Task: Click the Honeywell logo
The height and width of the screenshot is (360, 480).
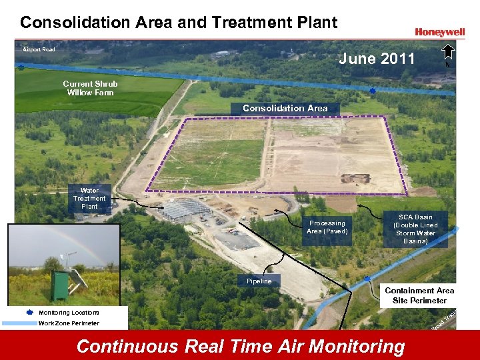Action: pos(439,31)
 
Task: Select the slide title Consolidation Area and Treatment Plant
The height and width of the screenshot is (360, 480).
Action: pos(179,22)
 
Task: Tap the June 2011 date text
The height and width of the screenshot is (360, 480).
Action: pos(377,59)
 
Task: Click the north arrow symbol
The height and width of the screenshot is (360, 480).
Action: pos(448,53)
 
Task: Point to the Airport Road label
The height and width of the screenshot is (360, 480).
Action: pos(39,49)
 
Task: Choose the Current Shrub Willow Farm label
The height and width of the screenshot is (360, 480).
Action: pos(90,88)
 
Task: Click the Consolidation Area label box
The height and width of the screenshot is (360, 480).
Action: pos(285,109)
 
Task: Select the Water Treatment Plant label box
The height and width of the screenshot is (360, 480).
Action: pos(89,199)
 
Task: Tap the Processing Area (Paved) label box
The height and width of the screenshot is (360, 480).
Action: pos(327,227)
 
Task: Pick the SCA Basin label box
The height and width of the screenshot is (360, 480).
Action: pos(415,229)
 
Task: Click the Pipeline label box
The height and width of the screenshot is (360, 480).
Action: pos(259,281)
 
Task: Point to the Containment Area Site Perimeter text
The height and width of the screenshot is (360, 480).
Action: pos(419,295)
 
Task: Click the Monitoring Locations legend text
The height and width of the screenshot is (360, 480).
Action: pos(69,313)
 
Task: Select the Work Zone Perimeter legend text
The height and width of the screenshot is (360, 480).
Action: pos(69,323)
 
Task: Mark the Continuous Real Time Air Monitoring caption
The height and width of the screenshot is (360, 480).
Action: pos(240,347)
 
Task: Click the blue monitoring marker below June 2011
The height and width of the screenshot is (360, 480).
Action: pos(373,90)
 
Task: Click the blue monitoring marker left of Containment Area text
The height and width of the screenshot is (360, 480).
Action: pos(367,279)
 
